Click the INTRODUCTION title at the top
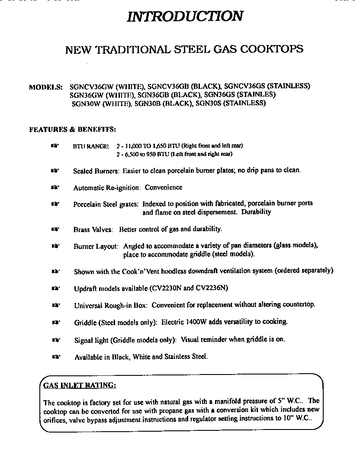point(185,16)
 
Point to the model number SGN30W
point(86,103)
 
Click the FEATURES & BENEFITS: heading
point(72,129)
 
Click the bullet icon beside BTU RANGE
point(55,146)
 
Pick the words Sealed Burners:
point(96,171)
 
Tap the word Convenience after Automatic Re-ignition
point(163,187)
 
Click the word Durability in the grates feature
point(256,212)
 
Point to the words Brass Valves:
point(93,229)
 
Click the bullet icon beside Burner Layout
point(55,246)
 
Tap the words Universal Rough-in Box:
point(111,305)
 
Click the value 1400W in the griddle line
point(198,322)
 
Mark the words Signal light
point(91,340)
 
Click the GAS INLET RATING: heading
point(80,385)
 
